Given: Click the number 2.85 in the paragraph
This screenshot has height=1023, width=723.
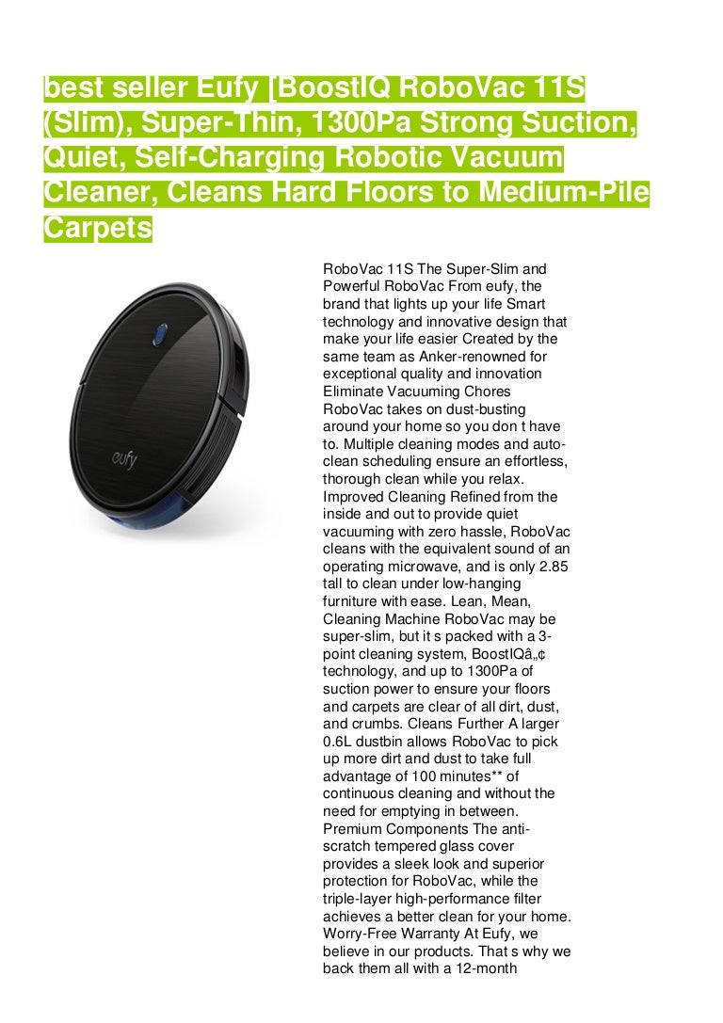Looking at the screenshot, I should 551,567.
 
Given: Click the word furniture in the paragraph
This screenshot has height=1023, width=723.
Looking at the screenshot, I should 353,602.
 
